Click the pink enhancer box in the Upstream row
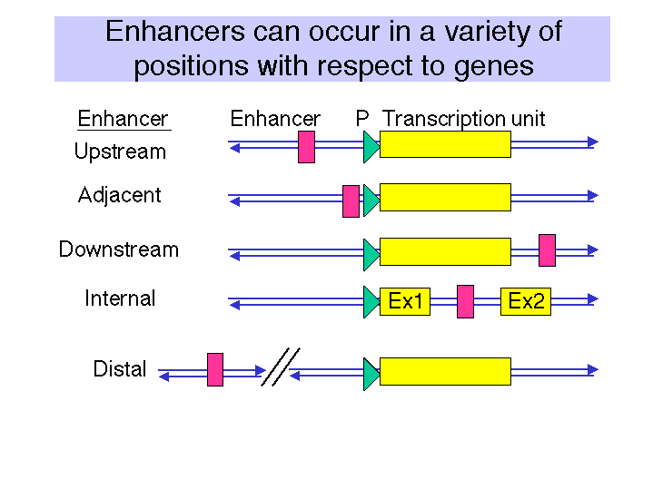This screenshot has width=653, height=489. tap(306, 147)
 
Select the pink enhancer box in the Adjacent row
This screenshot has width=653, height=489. tap(351, 201)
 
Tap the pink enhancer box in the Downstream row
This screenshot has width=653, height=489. tap(548, 250)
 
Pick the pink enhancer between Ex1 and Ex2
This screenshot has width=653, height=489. tap(465, 302)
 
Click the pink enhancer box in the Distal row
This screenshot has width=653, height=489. tap(215, 369)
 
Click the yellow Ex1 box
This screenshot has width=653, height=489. tap(405, 301)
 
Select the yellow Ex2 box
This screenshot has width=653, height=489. tap(526, 301)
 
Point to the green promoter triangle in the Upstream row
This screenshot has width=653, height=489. tap(371, 147)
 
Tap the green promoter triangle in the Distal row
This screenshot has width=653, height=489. tap(371, 374)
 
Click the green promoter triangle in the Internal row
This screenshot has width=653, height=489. tap(371, 302)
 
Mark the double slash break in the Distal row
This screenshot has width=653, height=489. tap(281, 367)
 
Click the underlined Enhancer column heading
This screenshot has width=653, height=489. tap(124, 119)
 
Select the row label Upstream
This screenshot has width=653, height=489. tap(121, 152)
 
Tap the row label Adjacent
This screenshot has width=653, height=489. tap(120, 196)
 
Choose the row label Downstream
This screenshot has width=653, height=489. tap(119, 249)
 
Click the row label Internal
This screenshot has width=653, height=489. tap(120, 298)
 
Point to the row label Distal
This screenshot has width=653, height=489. tap(120, 369)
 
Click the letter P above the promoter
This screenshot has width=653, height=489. tap(362, 119)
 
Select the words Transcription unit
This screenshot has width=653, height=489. tap(463, 120)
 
